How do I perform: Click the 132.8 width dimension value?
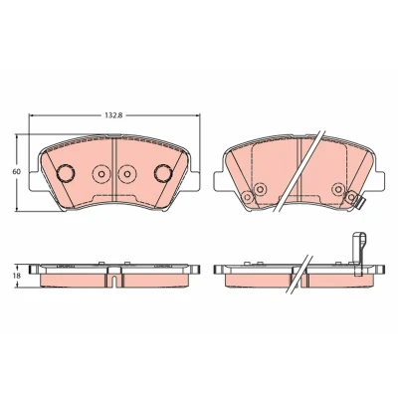coord(114,115)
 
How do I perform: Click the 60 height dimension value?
coord(16,172)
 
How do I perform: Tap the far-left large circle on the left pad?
coord(66,173)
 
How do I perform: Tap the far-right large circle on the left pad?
coord(163,173)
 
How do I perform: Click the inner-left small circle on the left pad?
coord(101,174)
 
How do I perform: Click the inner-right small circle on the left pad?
coord(126,174)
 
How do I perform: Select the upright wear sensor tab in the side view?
coord(359,255)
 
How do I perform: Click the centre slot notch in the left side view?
coord(114,282)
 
